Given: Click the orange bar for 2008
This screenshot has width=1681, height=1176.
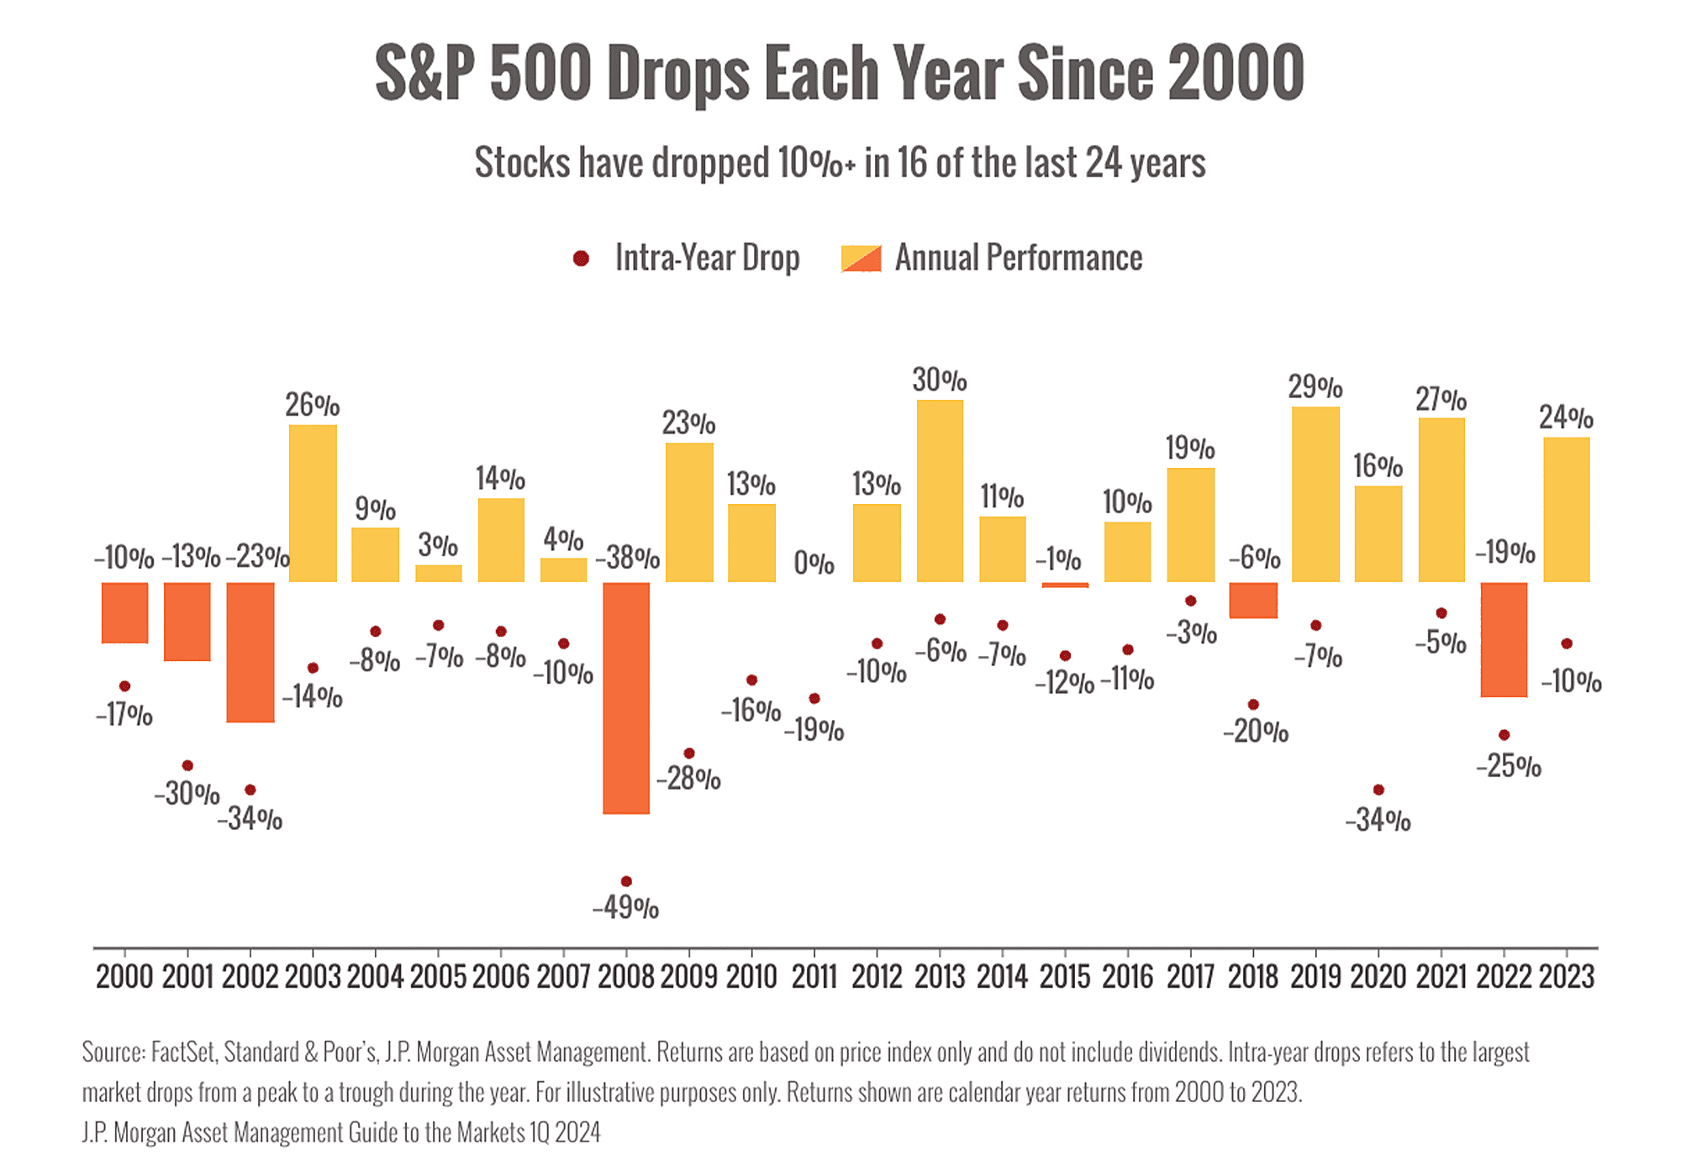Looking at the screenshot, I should pyautogui.click(x=626, y=697).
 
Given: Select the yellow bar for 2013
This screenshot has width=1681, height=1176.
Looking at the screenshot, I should pyautogui.click(x=940, y=491).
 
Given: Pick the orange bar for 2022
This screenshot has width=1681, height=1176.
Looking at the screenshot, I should pyautogui.click(x=1504, y=639).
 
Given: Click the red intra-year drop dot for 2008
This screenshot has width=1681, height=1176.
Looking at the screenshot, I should pyautogui.click(x=625, y=881).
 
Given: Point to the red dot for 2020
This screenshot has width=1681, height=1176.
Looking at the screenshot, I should pyautogui.click(x=1378, y=790).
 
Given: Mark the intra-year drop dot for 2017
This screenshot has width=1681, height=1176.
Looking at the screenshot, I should pyautogui.click(x=1190, y=601).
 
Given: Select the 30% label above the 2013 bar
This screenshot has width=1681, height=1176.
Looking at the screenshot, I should pyautogui.click(x=940, y=381).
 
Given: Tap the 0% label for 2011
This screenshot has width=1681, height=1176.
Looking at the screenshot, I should pyautogui.click(x=814, y=564).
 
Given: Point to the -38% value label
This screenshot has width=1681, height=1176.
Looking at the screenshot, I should pyautogui.click(x=627, y=558).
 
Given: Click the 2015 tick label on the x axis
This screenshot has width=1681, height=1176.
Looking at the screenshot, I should pyautogui.click(x=1065, y=977).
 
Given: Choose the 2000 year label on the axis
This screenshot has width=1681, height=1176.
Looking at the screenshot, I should pyautogui.click(x=124, y=977).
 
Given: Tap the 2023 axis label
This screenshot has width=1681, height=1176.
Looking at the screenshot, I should pyautogui.click(x=1566, y=977).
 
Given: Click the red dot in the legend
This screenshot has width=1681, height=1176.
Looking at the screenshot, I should pyautogui.click(x=580, y=259).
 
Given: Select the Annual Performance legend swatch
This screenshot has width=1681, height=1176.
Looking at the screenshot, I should pyautogui.click(x=861, y=259).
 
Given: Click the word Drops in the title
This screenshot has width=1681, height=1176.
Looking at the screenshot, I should pyautogui.click(x=677, y=74).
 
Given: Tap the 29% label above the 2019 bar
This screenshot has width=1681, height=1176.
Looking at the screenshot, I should pyautogui.click(x=1315, y=388).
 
